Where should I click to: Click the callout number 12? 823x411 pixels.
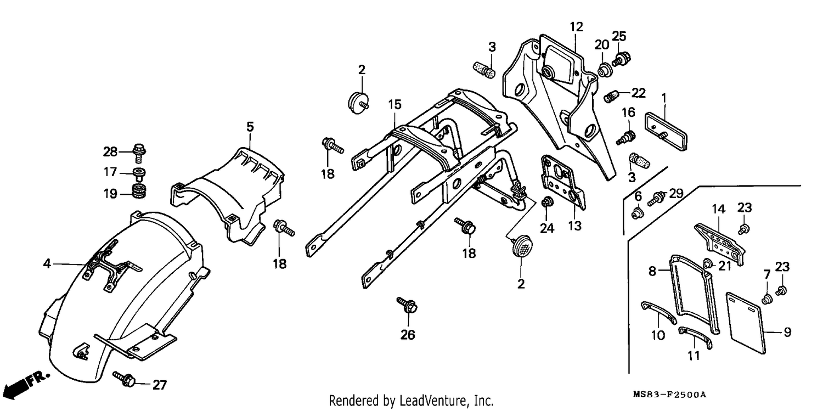tap(577, 27)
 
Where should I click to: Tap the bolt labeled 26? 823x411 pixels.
tap(407, 305)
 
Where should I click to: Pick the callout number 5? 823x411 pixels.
tap(250, 127)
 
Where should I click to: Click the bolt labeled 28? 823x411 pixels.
tap(139, 152)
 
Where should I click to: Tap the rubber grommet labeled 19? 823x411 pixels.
tap(139, 192)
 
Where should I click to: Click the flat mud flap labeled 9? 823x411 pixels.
tap(746, 323)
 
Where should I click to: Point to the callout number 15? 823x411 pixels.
tap(395, 105)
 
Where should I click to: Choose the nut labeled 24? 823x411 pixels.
tap(548, 201)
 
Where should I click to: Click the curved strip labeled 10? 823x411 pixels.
tap(659, 313)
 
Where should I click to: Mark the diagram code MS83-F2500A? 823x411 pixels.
tap(669, 395)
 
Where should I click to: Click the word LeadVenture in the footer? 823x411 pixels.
tap(433, 401)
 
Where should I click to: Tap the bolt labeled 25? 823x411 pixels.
tap(621, 59)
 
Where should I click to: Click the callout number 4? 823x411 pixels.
tap(47, 263)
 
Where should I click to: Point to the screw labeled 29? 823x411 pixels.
tap(656, 199)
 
